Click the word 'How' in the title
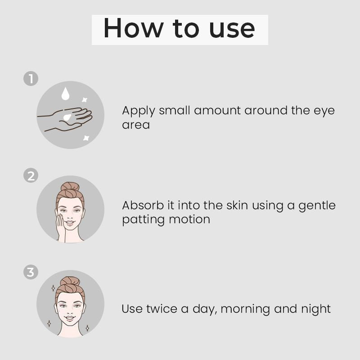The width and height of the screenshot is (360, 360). click(134, 28)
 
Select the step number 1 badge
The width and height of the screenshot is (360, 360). click(31, 78)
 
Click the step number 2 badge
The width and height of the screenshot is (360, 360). click(31, 175)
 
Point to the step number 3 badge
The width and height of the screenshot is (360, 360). click(31, 272)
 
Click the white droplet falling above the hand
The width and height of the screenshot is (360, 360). click(65, 94)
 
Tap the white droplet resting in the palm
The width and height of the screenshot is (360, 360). click(67, 117)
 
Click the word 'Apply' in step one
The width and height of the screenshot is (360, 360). click(139, 111)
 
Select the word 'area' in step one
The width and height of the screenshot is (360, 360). click(136, 125)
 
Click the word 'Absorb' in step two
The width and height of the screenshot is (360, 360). click(143, 205)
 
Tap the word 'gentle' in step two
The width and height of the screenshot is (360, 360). click(317, 206)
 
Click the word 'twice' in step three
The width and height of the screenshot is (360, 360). click(162, 309)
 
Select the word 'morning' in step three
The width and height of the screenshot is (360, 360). click(245, 310)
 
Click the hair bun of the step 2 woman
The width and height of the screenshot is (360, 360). click(70, 187)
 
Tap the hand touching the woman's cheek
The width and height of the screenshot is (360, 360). click(61, 227)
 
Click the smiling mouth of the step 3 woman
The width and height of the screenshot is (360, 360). click(70, 318)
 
